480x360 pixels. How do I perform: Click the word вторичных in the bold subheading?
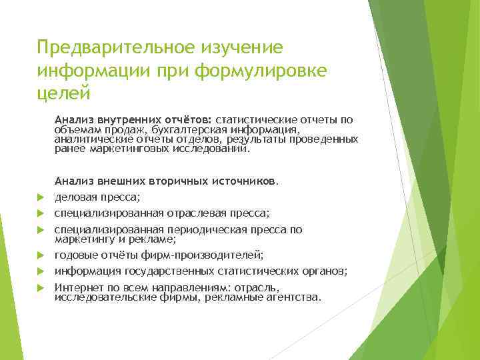pos(182,181)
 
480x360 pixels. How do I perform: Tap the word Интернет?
pos(78,287)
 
